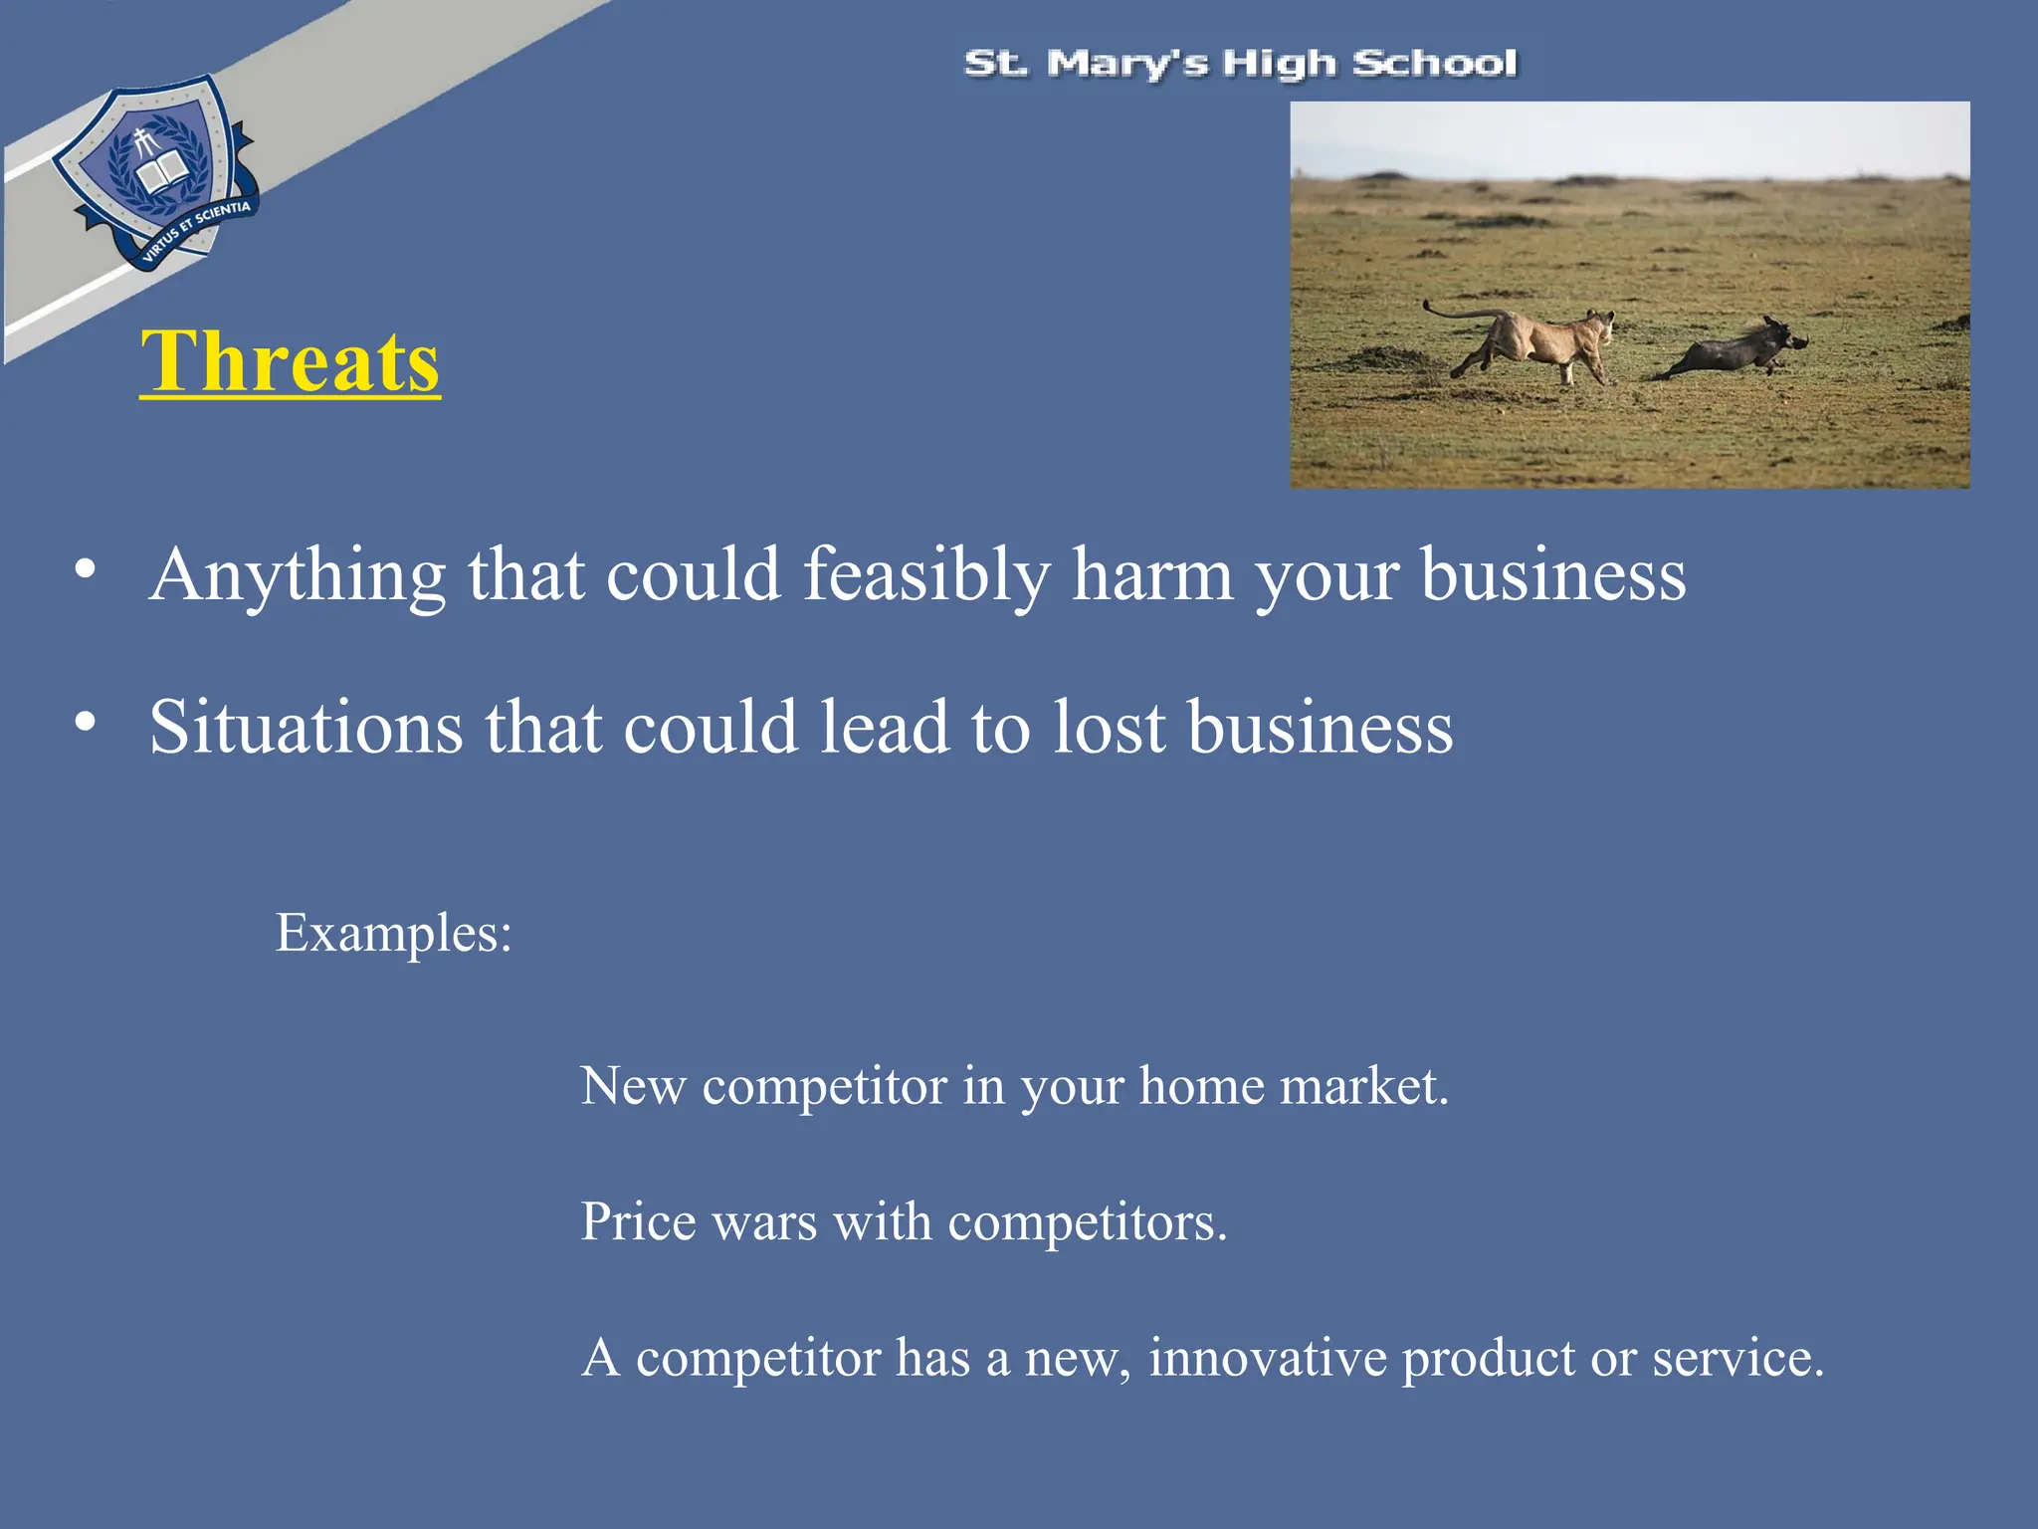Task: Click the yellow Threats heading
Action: [290, 362]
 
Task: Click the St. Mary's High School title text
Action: [1240, 64]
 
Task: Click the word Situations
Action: [306, 728]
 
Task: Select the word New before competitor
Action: [633, 1086]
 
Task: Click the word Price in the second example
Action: [638, 1221]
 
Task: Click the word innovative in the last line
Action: [1267, 1358]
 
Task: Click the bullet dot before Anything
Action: [86, 570]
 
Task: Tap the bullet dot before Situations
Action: [86, 722]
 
